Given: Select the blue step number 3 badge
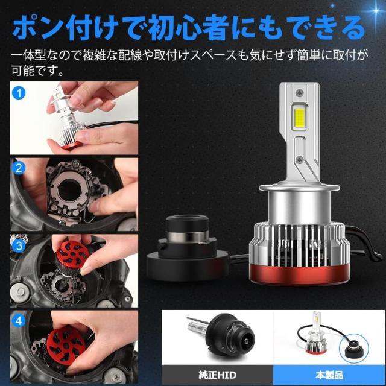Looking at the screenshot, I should coord(19,245).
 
